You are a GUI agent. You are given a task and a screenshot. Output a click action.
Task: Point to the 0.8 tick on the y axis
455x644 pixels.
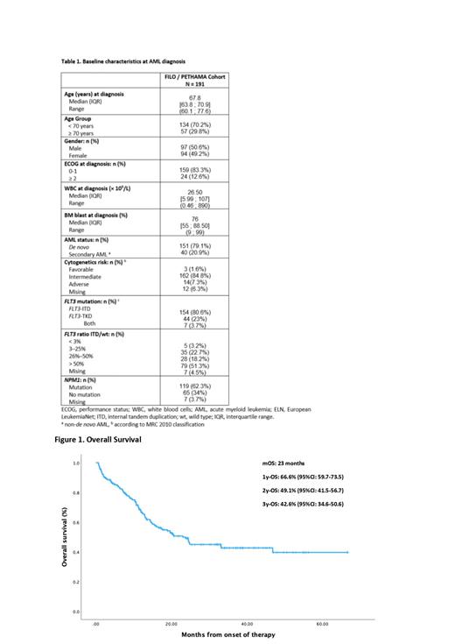[76, 493]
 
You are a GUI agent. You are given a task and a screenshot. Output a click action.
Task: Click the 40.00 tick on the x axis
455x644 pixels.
[247, 625]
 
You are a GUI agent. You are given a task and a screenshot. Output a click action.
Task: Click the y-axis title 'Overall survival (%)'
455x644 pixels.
[64, 534]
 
